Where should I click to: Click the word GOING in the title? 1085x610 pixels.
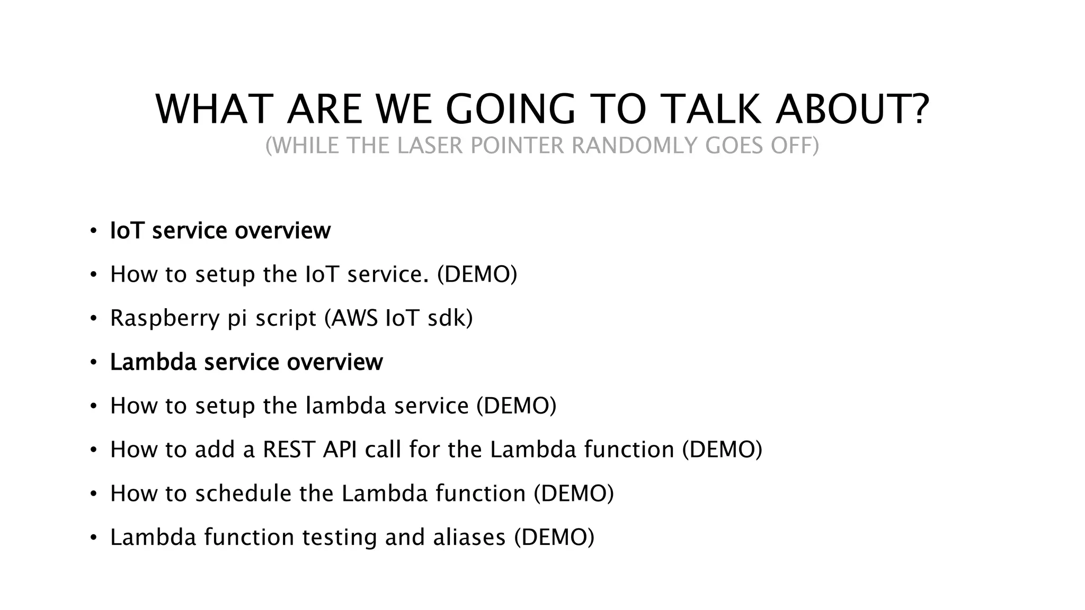(510, 109)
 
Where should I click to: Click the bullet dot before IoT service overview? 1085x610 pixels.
(93, 231)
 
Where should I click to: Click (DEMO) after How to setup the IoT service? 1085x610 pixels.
(477, 274)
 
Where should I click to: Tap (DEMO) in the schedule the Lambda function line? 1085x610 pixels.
(574, 494)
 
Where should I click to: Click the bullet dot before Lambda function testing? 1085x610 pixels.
(93, 538)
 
